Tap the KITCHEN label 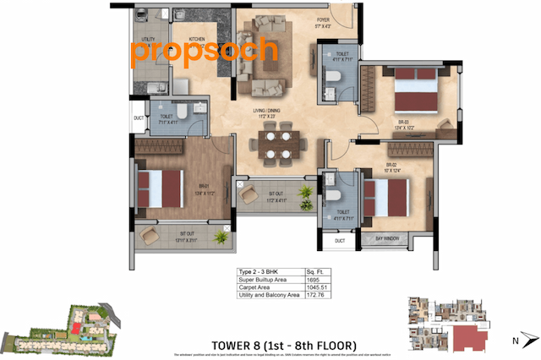click(x=197, y=39)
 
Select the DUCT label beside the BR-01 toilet click(x=139, y=117)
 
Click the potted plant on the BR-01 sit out click(x=223, y=236)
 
